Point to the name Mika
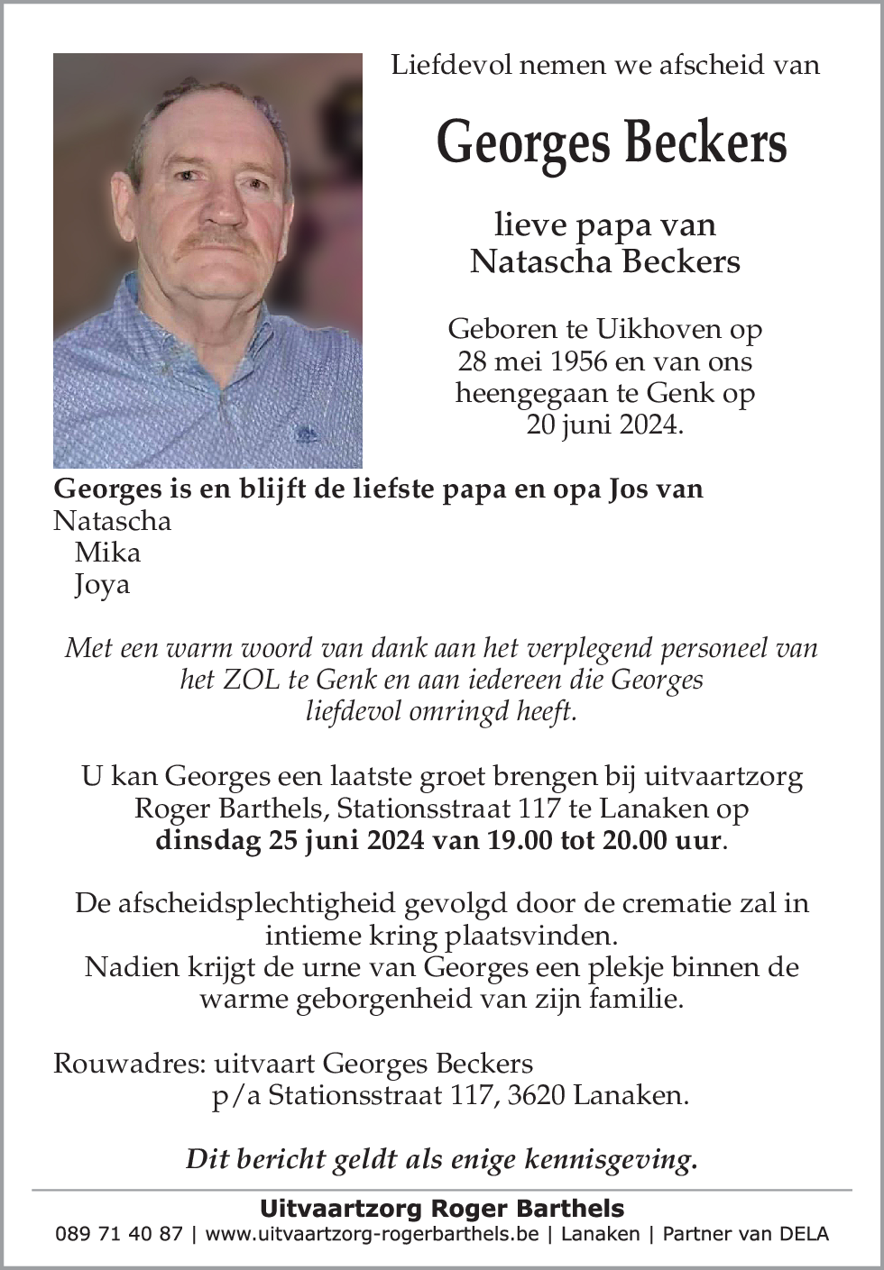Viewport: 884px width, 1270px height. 107,552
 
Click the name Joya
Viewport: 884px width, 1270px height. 103,584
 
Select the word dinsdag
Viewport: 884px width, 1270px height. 206,840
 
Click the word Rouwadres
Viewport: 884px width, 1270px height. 126,1064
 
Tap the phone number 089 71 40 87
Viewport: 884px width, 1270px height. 119,1235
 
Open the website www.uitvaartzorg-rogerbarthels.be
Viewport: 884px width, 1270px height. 372,1235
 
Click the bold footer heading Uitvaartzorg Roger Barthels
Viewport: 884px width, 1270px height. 442,1209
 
